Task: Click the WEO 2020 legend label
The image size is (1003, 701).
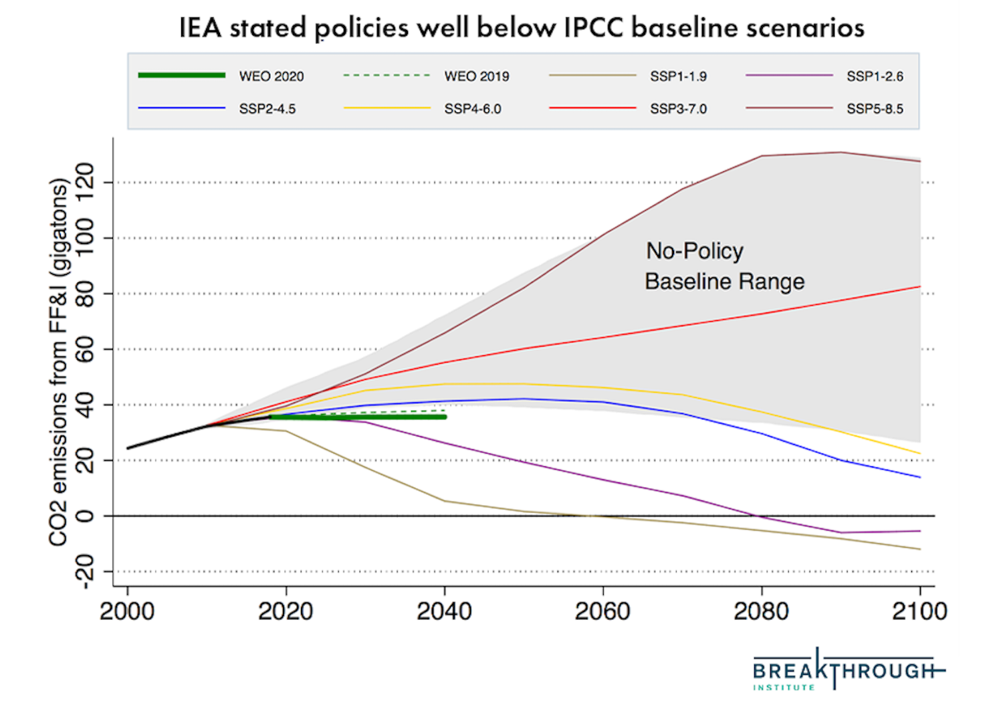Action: coord(271,76)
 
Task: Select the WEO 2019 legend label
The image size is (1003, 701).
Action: coord(476,76)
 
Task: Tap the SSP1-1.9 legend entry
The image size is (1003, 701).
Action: coord(678,76)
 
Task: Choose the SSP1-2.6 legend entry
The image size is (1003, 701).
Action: coord(875,76)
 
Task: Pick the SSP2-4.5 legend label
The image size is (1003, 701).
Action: coord(267,108)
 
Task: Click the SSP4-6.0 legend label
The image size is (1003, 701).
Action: coord(472,108)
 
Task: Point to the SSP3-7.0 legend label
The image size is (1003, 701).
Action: coord(678,108)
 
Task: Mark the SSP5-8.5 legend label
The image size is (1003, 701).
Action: coord(875,108)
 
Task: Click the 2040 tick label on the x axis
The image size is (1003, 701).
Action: coord(444,611)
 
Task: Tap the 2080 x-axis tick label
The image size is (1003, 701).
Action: coord(761,611)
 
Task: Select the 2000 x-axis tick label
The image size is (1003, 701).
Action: coord(127,611)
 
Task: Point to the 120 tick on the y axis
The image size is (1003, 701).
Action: coord(86,182)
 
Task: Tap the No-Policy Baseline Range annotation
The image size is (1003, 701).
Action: coord(724,266)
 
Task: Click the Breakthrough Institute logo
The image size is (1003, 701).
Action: coord(848,670)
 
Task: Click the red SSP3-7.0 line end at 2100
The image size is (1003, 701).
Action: coord(919,287)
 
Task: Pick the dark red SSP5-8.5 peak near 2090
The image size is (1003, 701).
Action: coord(841,153)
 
